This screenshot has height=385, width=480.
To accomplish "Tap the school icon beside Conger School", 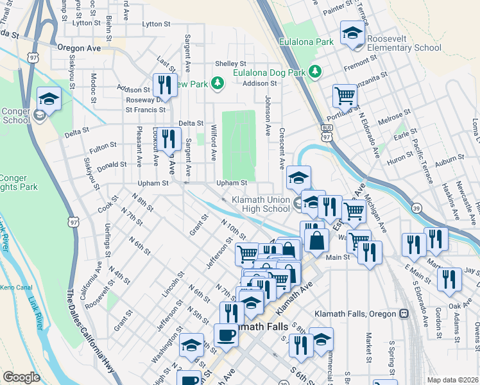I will point(49,99).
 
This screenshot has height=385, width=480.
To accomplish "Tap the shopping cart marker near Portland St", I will point(345,98).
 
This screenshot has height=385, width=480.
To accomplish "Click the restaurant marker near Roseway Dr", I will point(165,86).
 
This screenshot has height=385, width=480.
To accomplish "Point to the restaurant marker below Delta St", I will point(169,138).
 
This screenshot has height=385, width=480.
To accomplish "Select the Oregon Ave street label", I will point(79,48).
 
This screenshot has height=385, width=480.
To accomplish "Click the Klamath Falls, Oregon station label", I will point(356,314).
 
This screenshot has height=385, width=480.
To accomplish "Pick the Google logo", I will point(21,377).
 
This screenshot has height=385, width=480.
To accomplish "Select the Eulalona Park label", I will point(306,42).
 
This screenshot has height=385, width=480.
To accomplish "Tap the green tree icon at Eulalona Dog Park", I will point(315,72).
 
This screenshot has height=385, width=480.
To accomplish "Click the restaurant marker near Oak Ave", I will point(447,280).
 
